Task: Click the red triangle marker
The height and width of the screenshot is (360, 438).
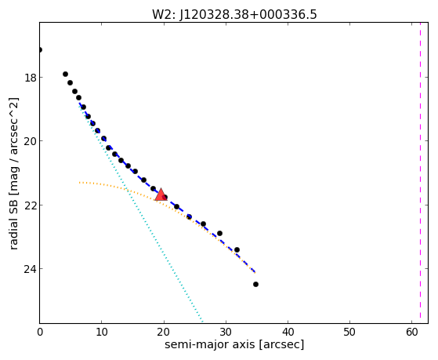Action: (x=161, y=195)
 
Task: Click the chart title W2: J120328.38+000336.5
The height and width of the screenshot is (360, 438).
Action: (x=234, y=15)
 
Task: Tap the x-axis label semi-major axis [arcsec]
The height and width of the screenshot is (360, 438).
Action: (x=234, y=344)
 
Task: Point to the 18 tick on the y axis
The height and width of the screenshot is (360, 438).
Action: (x=31, y=77)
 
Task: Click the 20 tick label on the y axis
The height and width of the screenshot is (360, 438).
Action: (x=31, y=141)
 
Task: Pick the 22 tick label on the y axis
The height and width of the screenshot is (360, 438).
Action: (x=31, y=205)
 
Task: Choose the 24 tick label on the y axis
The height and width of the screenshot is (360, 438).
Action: (x=31, y=269)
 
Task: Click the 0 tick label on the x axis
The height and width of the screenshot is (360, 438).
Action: (x=40, y=332)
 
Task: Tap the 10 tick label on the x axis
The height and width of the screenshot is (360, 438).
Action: (x=102, y=332)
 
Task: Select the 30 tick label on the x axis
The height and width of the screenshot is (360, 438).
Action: (x=226, y=332)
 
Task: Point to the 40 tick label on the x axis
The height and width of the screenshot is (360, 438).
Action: (x=288, y=332)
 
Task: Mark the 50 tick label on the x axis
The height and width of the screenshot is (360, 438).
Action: (x=349, y=332)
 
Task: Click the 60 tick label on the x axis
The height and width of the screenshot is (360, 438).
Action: (x=411, y=332)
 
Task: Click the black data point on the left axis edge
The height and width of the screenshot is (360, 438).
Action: (x=40, y=50)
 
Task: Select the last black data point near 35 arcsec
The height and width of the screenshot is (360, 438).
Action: (x=255, y=285)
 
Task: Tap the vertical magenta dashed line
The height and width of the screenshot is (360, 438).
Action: (x=420, y=171)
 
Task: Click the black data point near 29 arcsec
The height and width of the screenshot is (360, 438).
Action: (x=219, y=233)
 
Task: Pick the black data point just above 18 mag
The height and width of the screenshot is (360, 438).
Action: (x=65, y=75)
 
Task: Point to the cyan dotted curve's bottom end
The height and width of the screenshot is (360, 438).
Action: (x=202, y=321)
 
